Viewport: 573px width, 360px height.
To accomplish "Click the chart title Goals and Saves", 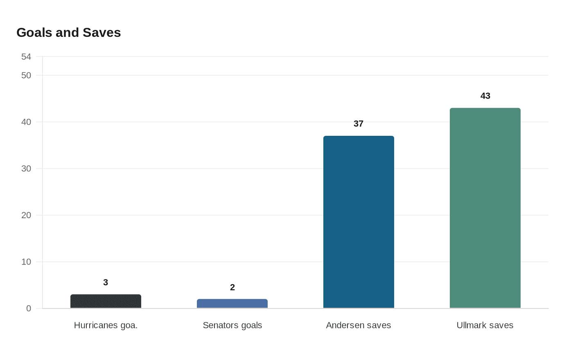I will tap(68, 33).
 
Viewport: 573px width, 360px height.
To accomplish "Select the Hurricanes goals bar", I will tap(106, 301).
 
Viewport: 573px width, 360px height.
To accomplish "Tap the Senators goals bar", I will tap(232, 304).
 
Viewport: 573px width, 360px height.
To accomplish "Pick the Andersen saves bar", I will tap(359, 222).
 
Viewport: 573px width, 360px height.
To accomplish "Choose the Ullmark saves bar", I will tap(485, 208).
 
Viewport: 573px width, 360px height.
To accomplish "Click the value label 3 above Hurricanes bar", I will tap(106, 282).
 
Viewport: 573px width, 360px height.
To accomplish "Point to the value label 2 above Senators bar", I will tap(232, 287).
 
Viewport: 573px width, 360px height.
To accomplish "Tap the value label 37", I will tap(359, 124).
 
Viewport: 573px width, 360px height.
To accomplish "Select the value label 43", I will tap(485, 96).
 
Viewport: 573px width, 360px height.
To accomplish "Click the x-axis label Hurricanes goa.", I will tap(106, 325).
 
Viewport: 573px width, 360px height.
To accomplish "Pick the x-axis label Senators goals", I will tap(232, 325).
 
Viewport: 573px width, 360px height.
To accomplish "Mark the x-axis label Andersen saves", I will tap(359, 325).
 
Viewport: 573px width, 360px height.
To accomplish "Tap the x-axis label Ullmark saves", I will tap(485, 325).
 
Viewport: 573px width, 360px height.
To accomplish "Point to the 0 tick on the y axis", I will tap(29, 308).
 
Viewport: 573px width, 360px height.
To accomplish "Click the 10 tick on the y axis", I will tap(26, 262).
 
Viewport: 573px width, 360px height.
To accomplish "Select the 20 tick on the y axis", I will tap(26, 215).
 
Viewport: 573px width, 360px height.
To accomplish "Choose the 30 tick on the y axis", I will tap(26, 169).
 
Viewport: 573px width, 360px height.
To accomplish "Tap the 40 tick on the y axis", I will tap(26, 122).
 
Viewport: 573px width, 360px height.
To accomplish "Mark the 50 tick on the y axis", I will tap(26, 75).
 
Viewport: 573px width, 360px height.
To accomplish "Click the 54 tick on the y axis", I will tap(26, 57).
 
